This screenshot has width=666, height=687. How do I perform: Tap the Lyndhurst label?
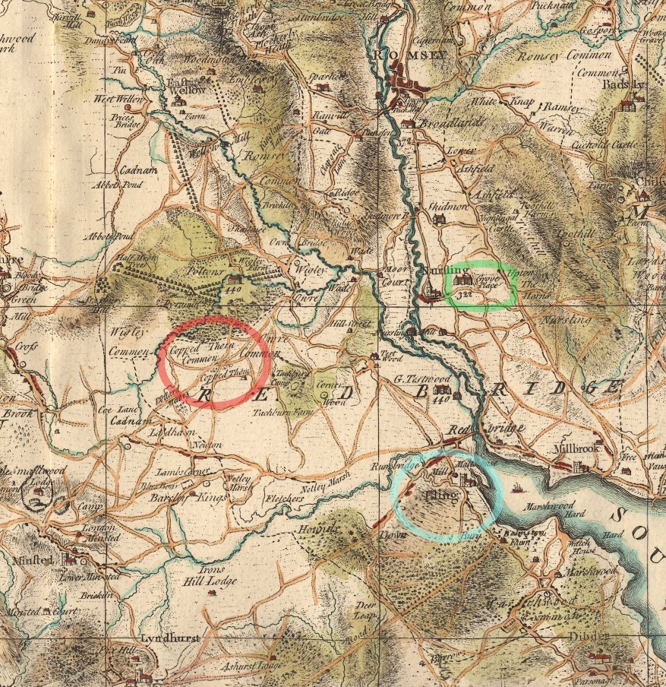click(171, 638)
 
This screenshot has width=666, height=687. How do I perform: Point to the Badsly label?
click(625, 85)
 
